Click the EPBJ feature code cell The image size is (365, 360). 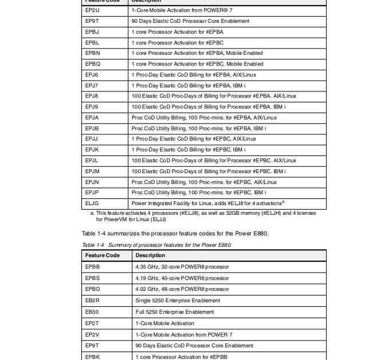click(x=92, y=32)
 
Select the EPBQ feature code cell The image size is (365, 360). click(x=93, y=64)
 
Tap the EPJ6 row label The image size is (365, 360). click(x=92, y=75)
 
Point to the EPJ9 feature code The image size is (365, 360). click(x=92, y=107)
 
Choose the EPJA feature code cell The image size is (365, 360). click(x=92, y=118)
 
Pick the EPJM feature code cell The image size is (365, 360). click(x=93, y=171)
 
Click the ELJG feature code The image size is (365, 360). click(x=92, y=203)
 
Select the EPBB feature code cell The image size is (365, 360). click(x=92, y=267)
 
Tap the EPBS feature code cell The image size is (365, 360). click(x=92, y=278)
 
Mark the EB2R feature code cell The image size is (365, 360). click(x=92, y=301)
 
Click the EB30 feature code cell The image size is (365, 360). click(x=92, y=312)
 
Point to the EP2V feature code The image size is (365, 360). click(x=92, y=334)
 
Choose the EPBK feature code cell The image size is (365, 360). click(x=92, y=357)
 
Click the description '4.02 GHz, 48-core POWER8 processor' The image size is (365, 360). click(x=182, y=289)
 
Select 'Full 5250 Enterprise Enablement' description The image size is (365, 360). click(x=174, y=312)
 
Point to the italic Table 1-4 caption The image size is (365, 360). click(x=156, y=245)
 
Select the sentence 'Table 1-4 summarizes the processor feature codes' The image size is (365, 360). click(x=175, y=233)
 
